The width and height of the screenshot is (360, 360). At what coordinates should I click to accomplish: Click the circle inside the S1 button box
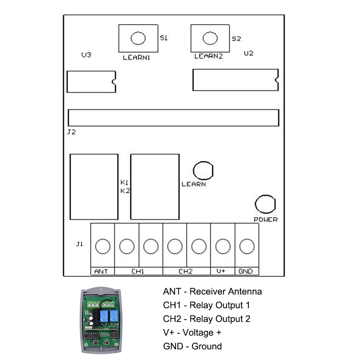138,38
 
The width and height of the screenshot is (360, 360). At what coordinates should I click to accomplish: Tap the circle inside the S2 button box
210,38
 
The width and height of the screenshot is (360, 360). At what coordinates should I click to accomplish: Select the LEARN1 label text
136,57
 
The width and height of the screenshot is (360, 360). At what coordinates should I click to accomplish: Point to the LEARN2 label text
208,56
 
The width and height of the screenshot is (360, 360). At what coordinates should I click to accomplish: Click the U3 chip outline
91,82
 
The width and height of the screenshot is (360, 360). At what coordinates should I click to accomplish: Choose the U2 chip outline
235,80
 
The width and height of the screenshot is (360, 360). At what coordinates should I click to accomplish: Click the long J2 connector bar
173,118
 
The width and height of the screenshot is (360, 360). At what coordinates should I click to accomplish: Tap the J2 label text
71,132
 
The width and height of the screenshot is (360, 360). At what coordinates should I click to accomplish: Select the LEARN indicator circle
203,170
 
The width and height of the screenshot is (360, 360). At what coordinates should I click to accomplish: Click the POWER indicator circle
265,204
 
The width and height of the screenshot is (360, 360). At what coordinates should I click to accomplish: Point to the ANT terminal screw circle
103,246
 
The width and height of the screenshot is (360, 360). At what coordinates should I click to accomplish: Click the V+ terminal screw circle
222,246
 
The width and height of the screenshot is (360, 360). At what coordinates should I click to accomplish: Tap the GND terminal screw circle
247,246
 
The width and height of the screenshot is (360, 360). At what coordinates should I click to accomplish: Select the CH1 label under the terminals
138,271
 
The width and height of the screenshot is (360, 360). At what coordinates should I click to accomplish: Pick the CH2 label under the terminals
186,271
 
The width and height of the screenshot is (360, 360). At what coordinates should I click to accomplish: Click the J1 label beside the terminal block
80,244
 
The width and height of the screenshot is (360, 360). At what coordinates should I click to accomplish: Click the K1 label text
125,183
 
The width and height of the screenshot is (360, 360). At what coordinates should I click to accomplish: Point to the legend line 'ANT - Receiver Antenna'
212,291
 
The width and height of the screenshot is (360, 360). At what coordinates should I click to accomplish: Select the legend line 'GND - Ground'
192,346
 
